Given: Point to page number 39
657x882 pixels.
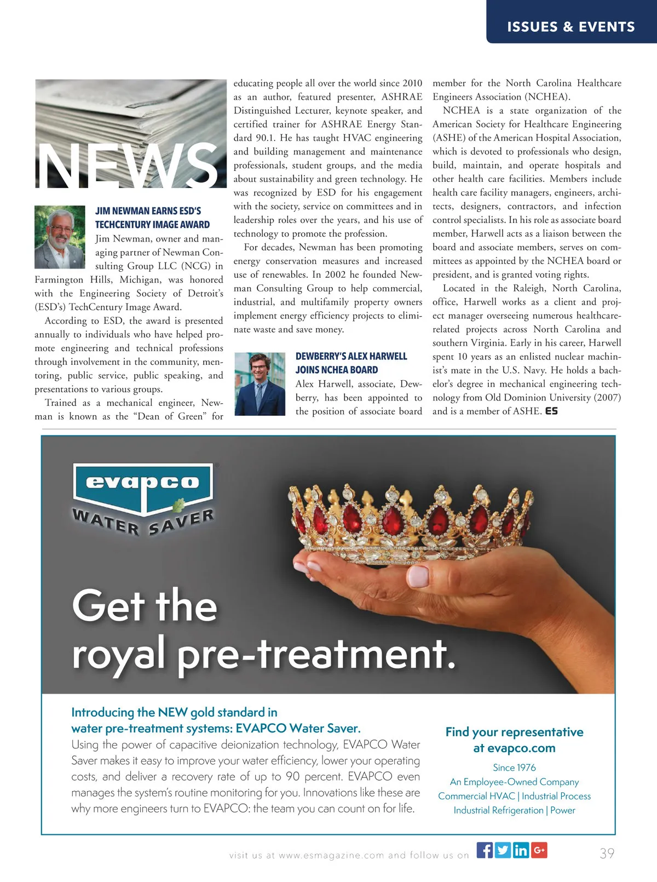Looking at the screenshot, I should [607, 853].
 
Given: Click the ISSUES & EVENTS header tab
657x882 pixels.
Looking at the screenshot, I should [571, 27].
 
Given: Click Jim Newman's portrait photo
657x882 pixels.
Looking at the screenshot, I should [60, 237].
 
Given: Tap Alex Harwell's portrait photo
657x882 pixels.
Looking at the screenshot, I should [260, 383].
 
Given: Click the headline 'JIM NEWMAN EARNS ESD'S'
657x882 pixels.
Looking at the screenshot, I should [148, 211].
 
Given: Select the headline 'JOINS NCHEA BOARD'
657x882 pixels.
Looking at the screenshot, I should [337, 370].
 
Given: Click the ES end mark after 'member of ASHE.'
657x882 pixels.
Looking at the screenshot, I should [551, 411].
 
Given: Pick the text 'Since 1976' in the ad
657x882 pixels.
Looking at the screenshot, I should [514, 768].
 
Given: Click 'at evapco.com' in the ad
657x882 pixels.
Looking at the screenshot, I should [514, 748].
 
